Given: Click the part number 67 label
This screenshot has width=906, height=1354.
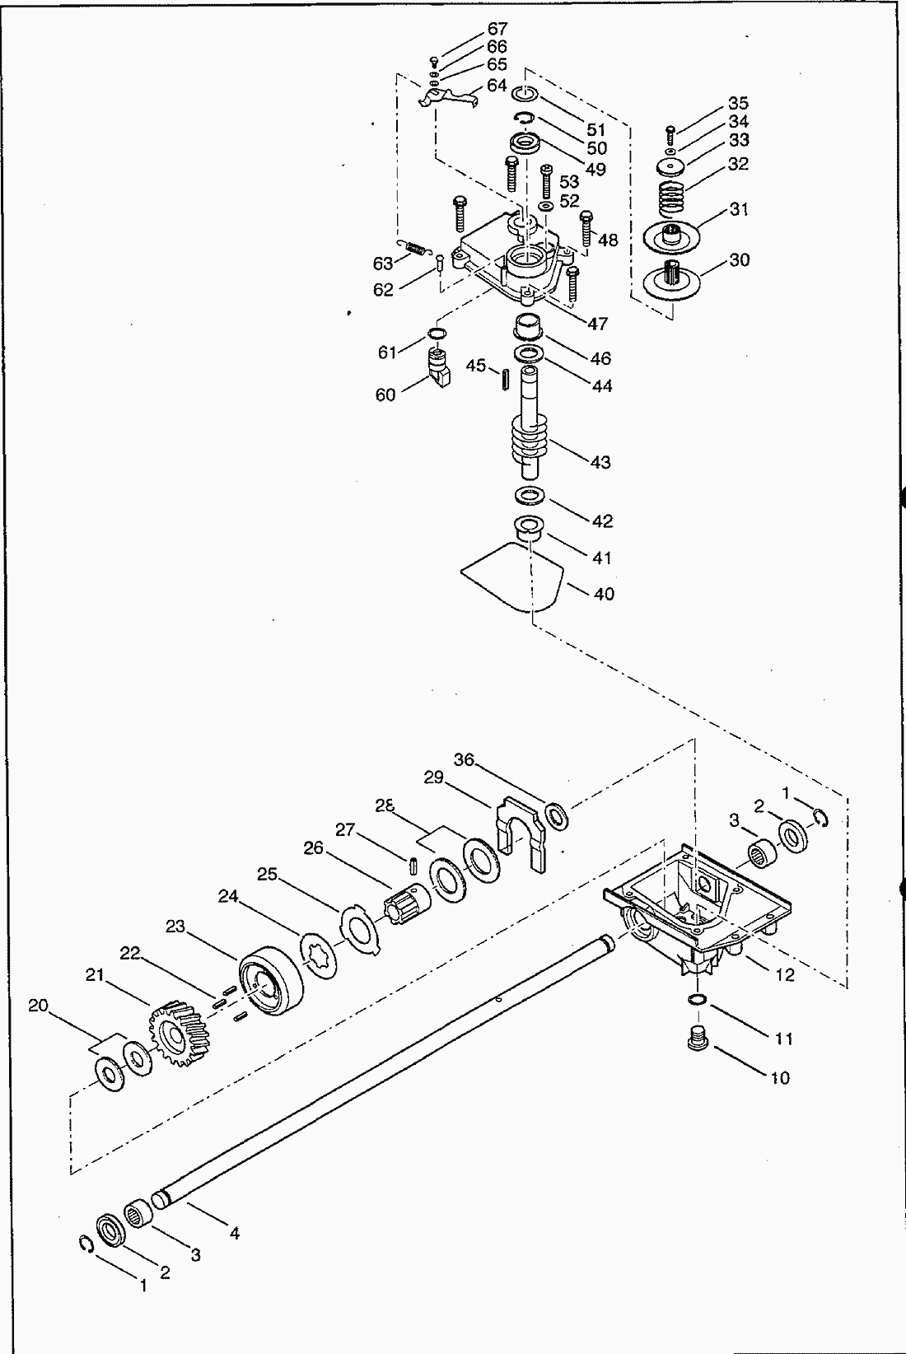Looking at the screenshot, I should coord(497,29).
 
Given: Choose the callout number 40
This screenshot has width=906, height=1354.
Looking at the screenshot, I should coord(604,594).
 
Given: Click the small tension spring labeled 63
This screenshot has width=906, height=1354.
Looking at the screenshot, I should coord(417,247).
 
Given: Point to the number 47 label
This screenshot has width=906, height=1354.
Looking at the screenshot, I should coord(598,324).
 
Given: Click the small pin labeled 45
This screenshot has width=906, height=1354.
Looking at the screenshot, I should coord(502,381).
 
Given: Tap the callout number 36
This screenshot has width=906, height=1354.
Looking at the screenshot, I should coord(465,759).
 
